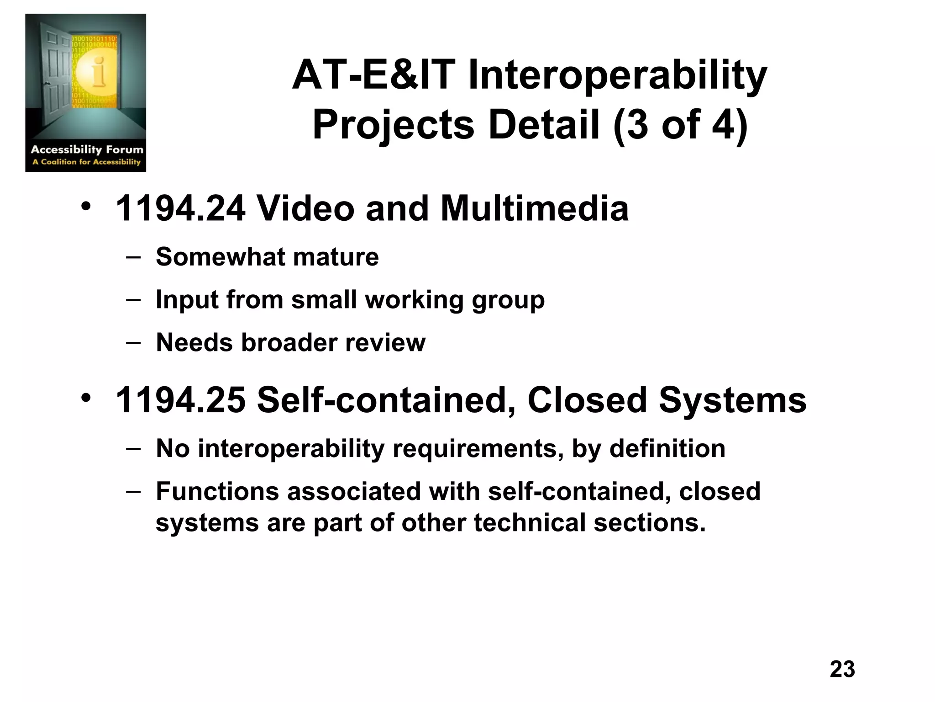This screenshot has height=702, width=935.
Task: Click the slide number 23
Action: [x=842, y=669]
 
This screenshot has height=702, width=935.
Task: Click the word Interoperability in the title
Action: [x=617, y=76]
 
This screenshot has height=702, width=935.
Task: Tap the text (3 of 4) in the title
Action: [x=680, y=125]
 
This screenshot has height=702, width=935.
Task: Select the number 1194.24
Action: [x=180, y=209]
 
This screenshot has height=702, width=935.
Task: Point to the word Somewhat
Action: [x=219, y=257]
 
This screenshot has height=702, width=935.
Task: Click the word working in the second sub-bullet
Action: [x=414, y=300]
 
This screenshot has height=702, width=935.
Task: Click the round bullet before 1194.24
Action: [x=86, y=207]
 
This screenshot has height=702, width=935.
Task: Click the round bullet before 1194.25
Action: [x=86, y=398]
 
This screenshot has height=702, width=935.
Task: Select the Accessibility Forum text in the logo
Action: [x=87, y=149]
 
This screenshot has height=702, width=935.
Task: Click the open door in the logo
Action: [x=55, y=69]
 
